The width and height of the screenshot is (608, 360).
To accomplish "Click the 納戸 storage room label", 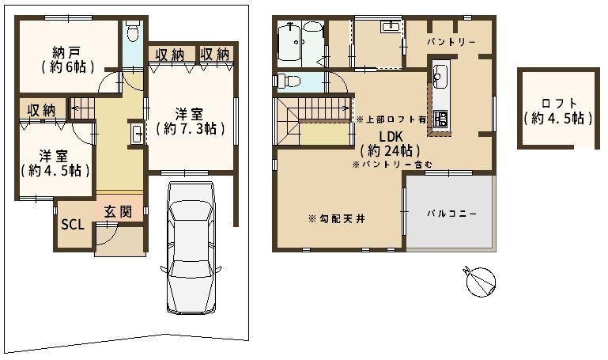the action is [x=68, y=60].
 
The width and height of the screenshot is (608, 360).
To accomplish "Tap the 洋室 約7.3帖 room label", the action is [x=190, y=121].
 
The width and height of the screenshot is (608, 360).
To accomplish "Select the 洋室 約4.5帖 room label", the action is [x=55, y=163].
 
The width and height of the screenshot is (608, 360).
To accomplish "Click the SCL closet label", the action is [x=73, y=224].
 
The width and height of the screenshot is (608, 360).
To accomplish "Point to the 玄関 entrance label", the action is [x=118, y=212].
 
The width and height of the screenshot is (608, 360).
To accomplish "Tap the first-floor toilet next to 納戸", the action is [x=133, y=31].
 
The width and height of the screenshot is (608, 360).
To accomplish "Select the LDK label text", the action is [x=391, y=137].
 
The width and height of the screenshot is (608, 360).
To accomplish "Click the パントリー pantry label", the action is [x=451, y=41].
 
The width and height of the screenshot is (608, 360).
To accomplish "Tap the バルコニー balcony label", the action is [x=452, y=214].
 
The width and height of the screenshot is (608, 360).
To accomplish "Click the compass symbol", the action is [x=480, y=281].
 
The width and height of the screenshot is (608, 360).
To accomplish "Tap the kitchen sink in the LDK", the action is [x=440, y=75].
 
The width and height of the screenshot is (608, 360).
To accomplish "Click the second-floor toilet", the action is [x=287, y=81].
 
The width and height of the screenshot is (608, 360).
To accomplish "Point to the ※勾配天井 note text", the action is [x=337, y=219].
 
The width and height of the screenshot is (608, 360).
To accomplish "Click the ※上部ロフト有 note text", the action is [x=391, y=119].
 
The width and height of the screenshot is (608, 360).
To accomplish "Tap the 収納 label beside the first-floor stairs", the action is [x=41, y=111].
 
